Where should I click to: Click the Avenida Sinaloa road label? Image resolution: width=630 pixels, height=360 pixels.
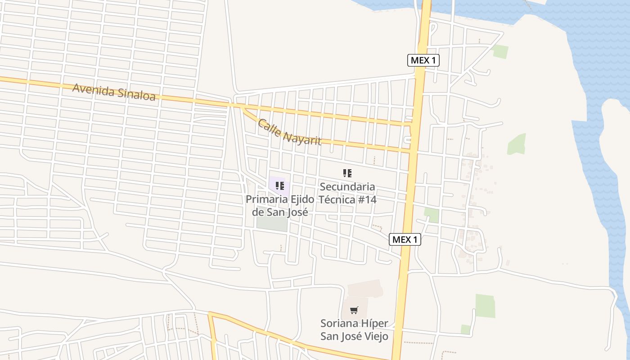pyautogui.click(x=114, y=92)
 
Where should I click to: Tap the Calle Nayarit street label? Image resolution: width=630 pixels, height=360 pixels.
pyautogui.click(x=289, y=132)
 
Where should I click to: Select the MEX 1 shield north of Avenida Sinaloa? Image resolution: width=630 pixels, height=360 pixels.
pyautogui.click(x=423, y=60)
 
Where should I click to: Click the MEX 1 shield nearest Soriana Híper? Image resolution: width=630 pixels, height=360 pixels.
pyautogui.click(x=405, y=239)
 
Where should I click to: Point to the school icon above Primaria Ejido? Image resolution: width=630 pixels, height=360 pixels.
pyautogui.click(x=279, y=185)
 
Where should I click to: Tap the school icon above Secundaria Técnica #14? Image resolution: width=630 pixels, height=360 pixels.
pyautogui.click(x=347, y=173)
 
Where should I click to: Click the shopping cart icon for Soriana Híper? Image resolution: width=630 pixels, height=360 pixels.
pyautogui.click(x=354, y=310)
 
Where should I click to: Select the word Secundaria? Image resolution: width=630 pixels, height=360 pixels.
pyautogui.click(x=347, y=187)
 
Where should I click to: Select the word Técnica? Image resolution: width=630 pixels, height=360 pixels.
pyautogui.click(x=337, y=199)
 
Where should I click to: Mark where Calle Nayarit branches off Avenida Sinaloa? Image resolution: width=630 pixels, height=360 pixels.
pyautogui.click(x=241, y=107)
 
